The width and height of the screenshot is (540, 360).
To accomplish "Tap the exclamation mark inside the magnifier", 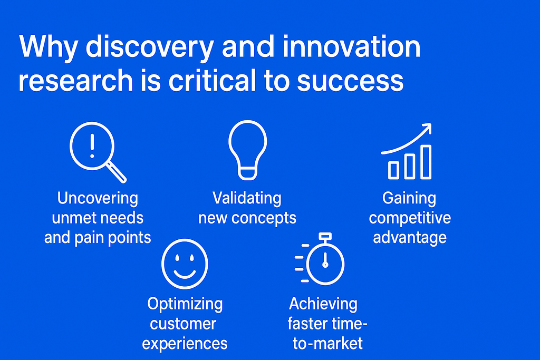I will pos(93,145).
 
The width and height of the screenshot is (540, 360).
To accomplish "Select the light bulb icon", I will pos(247,150).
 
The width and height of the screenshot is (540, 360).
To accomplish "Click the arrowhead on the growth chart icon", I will pos(426,129).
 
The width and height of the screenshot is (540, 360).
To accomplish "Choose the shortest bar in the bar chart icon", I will pos(393,170).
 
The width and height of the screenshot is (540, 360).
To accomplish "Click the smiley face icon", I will pos(185,264).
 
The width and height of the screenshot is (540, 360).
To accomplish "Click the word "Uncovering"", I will pos(98,199).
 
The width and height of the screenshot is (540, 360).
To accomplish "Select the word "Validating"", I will pos(247,198).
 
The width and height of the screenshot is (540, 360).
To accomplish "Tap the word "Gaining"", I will pos(409,199).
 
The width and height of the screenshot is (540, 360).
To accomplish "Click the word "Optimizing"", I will pos(185,304).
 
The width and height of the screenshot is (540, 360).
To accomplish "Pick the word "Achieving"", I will pos(323,304).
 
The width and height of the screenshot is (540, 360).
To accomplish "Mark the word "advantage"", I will pos(410,237).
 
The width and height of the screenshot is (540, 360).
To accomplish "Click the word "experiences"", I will pos(185,344).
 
